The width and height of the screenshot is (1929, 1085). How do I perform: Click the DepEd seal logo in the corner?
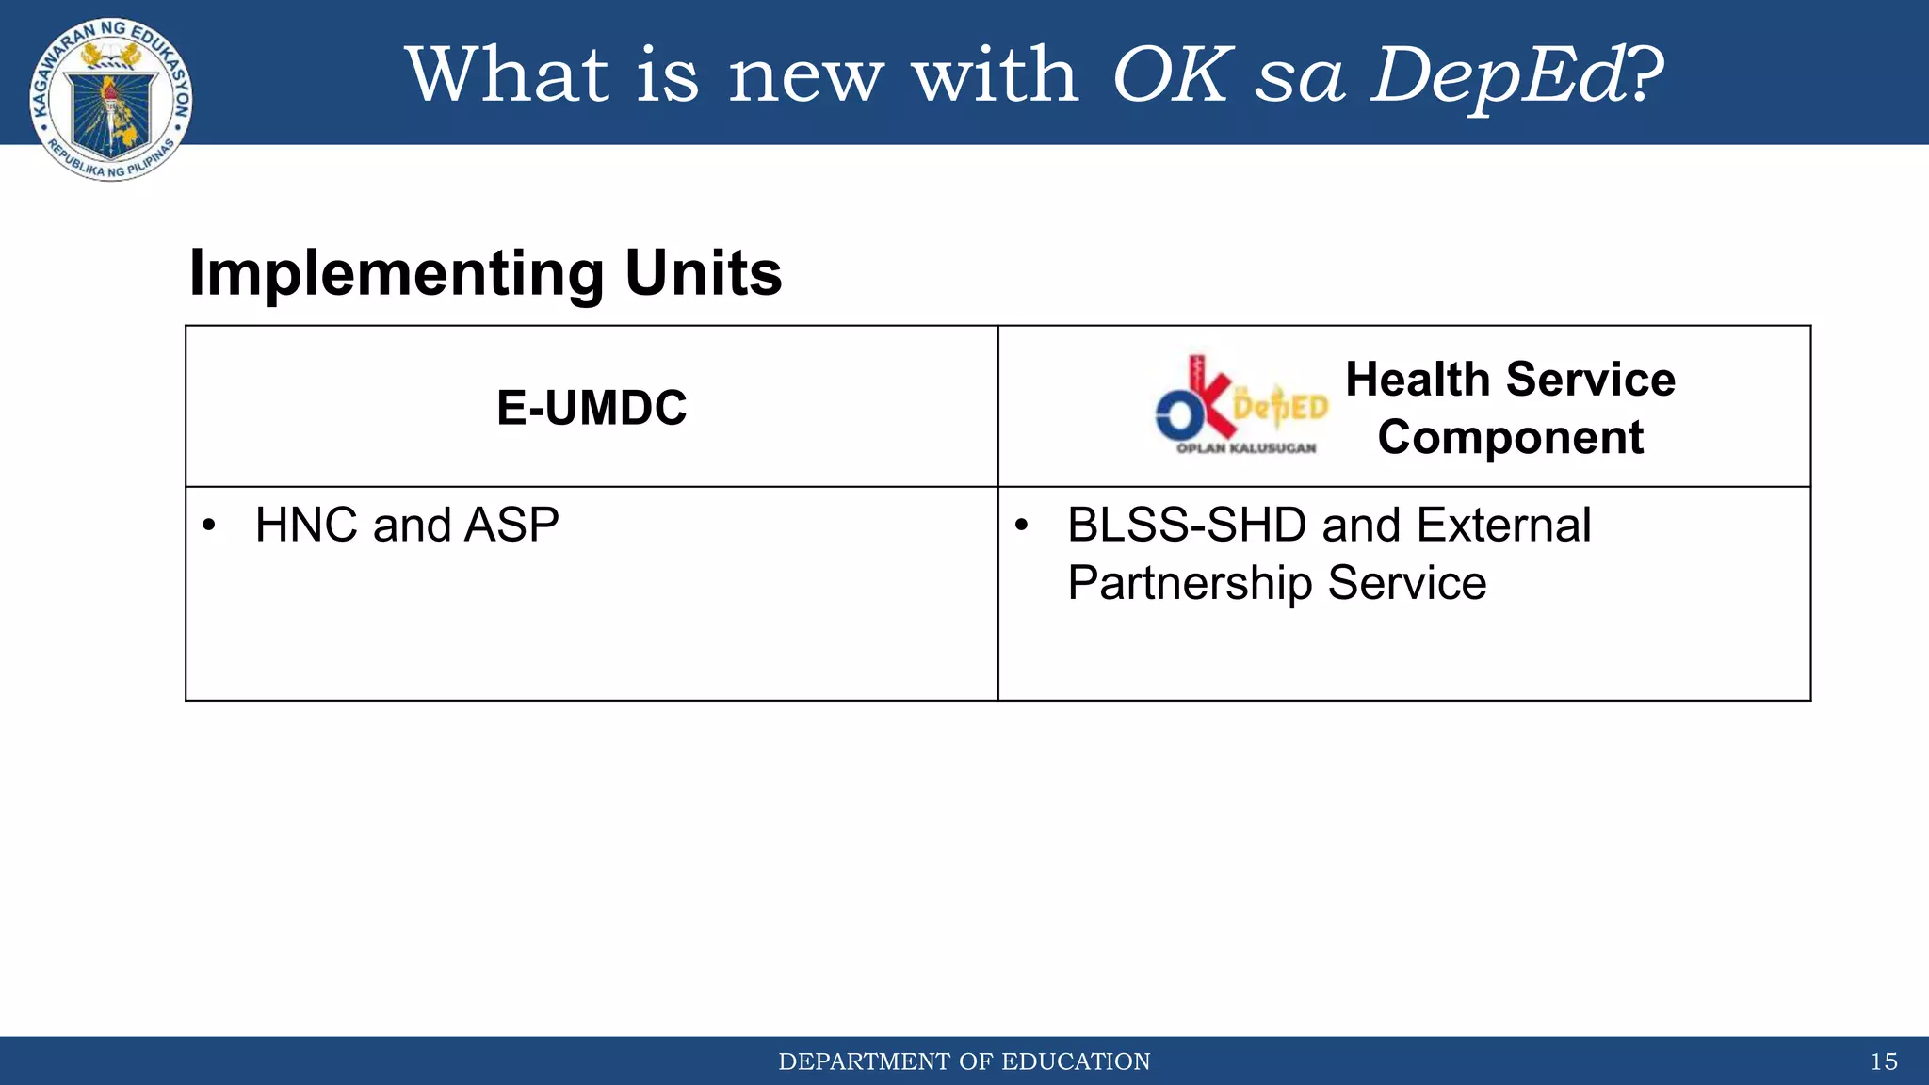111,100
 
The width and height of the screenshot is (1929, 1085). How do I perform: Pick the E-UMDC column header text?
592,408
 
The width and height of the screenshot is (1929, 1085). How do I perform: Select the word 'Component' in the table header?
1510,438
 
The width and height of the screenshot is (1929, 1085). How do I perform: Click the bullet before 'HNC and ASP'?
209,526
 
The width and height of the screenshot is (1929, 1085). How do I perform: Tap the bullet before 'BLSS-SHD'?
1021,526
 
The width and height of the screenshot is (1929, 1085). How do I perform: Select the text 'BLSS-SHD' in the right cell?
1187,525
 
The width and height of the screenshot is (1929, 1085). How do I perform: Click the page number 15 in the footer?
1883,1061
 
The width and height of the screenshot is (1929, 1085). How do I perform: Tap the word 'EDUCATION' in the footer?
1076,1061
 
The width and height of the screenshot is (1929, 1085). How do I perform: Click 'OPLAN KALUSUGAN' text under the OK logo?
1245,448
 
